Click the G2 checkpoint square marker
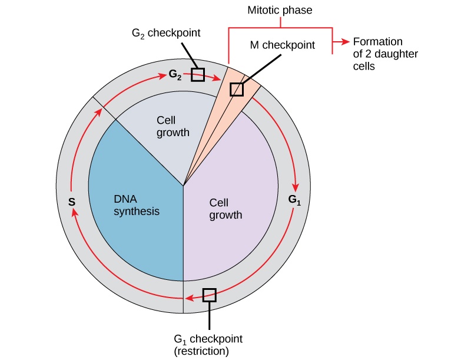(198, 75)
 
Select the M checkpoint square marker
(236, 89)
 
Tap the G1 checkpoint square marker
(209, 295)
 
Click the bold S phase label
(72, 202)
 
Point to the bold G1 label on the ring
(294, 199)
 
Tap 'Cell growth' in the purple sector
(225, 209)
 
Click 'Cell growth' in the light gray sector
(173, 126)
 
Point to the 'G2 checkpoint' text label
(165, 34)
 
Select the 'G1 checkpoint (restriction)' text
(208, 345)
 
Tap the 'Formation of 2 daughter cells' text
(377, 55)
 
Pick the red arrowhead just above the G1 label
(296, 183)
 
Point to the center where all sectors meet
(184, 187)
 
